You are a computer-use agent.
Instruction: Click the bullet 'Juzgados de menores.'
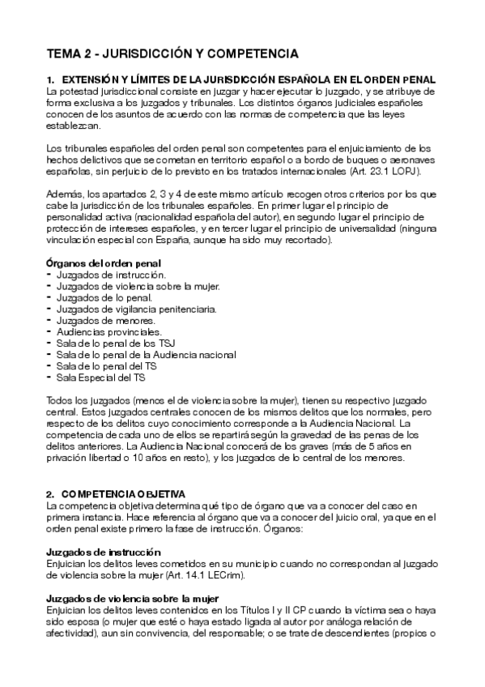coord(102,321)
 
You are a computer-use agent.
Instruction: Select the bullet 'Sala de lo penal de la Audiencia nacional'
coord(146,355)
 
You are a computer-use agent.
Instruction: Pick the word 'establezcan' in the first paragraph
coord(74,126)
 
